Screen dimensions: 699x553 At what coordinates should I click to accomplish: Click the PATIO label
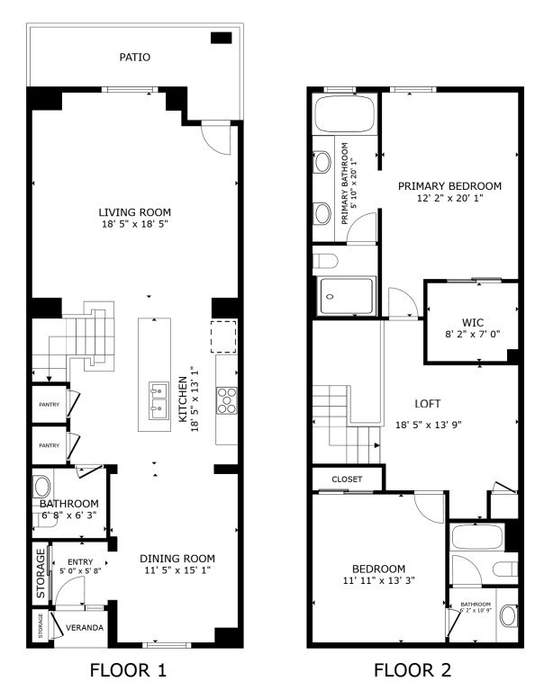[135, 58]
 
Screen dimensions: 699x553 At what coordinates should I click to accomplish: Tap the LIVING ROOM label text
[134, 212]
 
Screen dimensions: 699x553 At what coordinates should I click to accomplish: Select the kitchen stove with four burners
[225, 399]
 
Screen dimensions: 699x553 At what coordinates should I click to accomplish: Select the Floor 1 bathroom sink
[42, 489]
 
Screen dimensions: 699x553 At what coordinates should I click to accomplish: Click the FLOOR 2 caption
[412, 670]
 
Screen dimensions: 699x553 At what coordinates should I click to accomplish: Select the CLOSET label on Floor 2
[347, 479]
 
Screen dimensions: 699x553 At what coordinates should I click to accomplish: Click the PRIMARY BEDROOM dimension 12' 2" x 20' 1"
[449, 198]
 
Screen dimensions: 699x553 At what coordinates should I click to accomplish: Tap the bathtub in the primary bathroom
[344, 115]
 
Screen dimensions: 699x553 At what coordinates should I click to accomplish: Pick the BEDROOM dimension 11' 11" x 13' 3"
[377, 580]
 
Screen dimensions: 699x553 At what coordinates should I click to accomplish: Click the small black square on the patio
[221, 38]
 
